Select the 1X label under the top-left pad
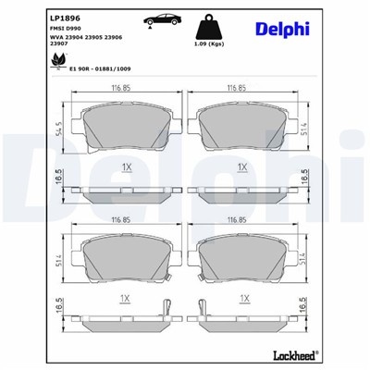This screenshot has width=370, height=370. click(126, 166)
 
